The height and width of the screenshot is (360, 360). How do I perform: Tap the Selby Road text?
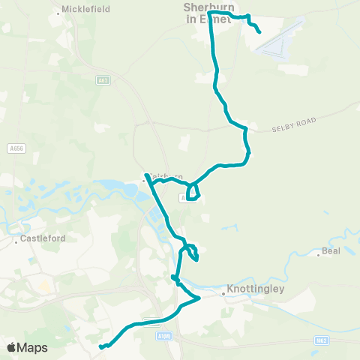296,124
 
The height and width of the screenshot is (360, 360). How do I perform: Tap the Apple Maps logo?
27,347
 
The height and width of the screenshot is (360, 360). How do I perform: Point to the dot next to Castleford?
16,242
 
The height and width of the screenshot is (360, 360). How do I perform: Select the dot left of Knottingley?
223,295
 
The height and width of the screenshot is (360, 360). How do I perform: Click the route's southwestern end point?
100,346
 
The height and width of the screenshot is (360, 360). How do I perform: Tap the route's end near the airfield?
259,31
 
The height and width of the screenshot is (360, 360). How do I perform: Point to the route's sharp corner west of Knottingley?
199,298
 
